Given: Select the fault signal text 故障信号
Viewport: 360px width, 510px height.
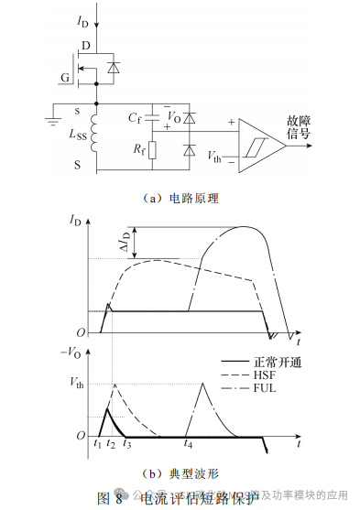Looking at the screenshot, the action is pos(299,128).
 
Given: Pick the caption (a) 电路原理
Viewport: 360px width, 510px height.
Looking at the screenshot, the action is pos(180,197).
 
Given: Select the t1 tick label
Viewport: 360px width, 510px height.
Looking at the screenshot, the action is pos(96,444).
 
